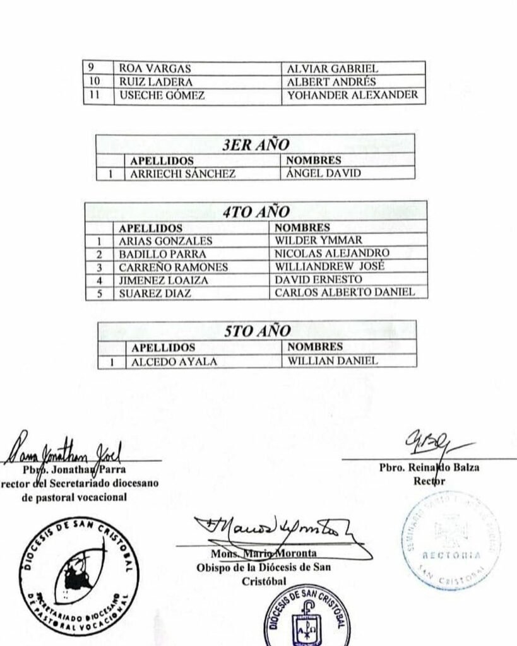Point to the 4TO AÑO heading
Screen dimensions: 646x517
(x=255, y=212)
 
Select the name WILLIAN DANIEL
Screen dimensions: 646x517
(x=332, y=361)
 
